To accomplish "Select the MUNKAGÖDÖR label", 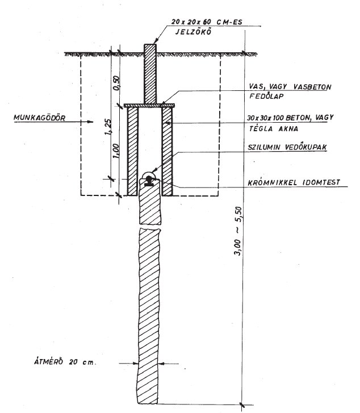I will tap(35, 120).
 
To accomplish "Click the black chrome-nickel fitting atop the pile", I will tap(149, 181).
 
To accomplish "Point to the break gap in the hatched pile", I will tap(148, 228).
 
